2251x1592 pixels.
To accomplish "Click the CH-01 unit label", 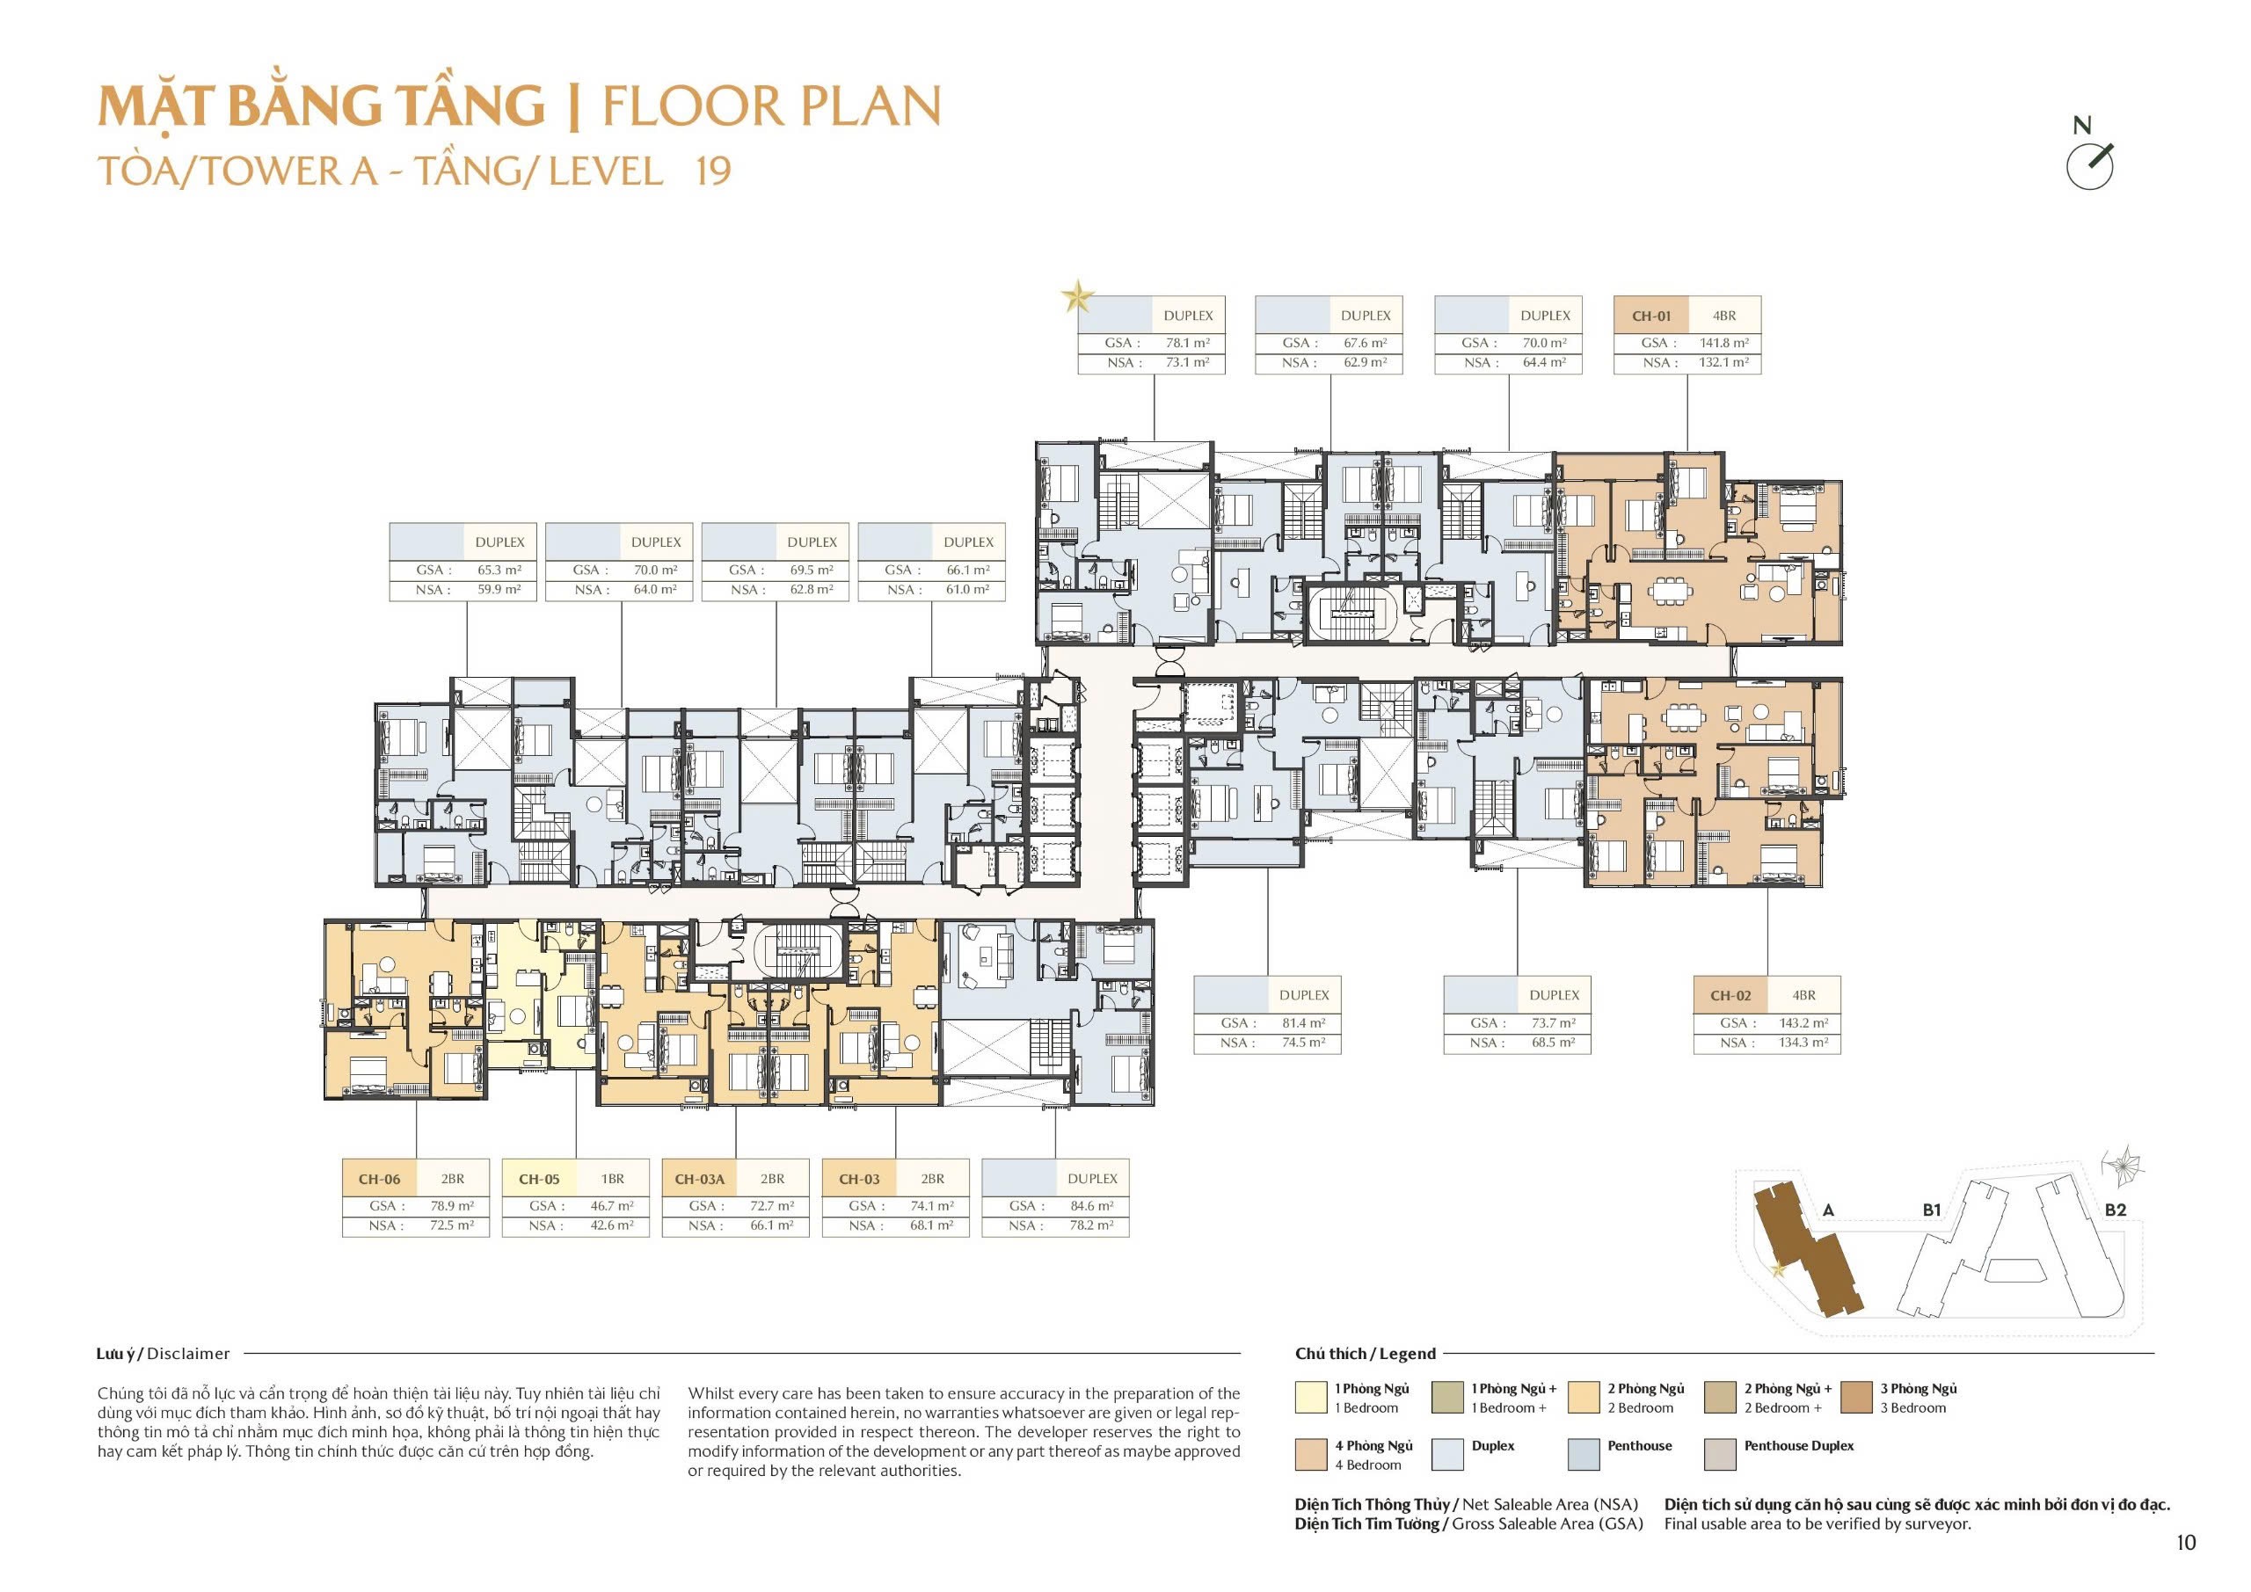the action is [1651, 316].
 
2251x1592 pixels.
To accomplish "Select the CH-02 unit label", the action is [1730, 995].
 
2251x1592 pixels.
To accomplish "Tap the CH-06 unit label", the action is [379, 1180].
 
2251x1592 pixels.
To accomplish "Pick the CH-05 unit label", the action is [539, 1180].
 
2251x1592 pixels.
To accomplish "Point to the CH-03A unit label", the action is [700, 1180].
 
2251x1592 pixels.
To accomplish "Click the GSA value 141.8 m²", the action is [1724, 343].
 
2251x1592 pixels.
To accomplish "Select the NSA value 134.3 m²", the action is [1804, 1042].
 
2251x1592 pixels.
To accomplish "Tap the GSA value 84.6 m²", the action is [1092, 1206].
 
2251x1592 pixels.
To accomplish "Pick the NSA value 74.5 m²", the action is [1304, 1042].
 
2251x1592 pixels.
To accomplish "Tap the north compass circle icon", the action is [2089, 167].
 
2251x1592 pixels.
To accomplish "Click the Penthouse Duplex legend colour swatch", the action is [1722, 1455].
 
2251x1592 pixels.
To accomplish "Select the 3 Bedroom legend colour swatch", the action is [1858, 1397].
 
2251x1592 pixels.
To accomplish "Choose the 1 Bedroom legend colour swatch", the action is [1311, 1397].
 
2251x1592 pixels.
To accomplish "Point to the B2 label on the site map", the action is [2116, 1210].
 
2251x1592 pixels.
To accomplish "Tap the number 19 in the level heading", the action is [713, 171].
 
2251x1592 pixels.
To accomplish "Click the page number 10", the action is [2186, 1542].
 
